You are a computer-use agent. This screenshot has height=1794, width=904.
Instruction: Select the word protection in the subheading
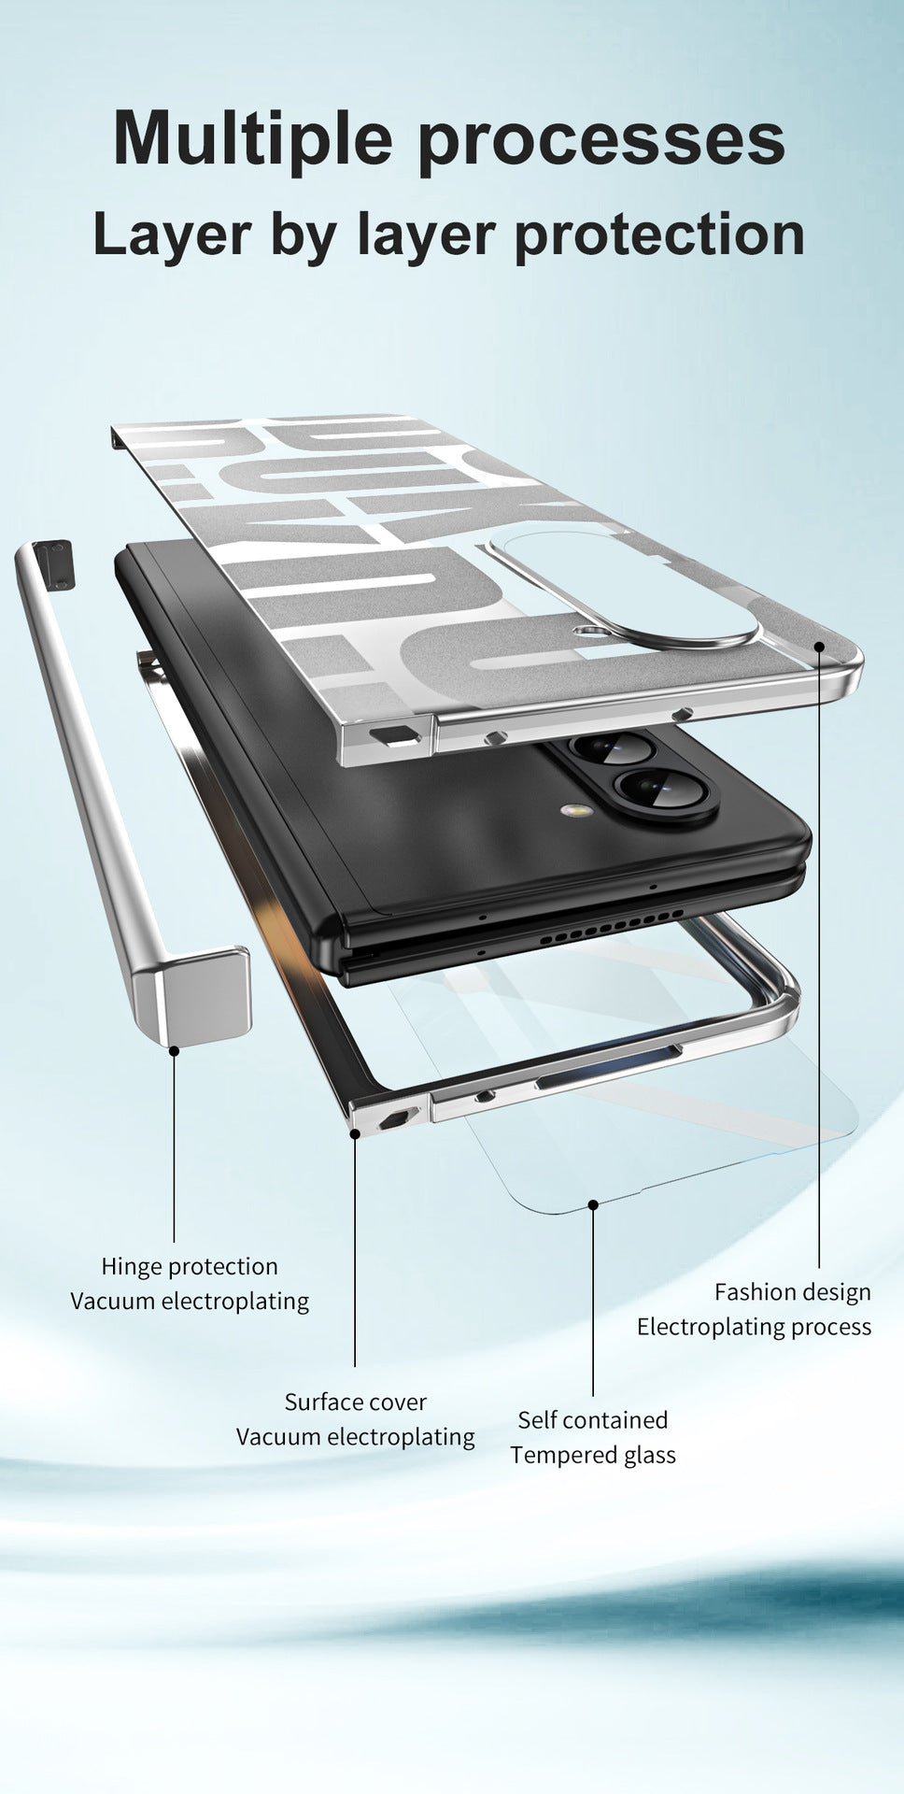point(659,236)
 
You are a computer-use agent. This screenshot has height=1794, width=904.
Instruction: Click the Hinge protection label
point(190,1267)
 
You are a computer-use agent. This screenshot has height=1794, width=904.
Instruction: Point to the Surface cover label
point(355,1402)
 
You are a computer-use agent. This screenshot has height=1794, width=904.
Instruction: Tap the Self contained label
point(593,1420)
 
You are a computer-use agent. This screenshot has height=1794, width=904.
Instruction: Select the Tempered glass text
point(593,1456)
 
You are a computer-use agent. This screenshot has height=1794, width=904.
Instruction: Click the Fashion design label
point(793,1293)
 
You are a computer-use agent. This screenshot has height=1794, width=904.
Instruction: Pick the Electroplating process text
point(755,1327)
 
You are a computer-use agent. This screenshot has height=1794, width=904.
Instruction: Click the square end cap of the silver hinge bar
point(194,996)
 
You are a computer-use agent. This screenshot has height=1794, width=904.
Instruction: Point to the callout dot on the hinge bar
point(174,1051)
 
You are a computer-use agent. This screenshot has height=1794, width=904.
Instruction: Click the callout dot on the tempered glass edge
point(593,1204)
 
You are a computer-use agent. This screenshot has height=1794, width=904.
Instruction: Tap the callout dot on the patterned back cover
point(819,645)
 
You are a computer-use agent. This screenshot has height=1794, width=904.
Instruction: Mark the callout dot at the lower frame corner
point(355,1133)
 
